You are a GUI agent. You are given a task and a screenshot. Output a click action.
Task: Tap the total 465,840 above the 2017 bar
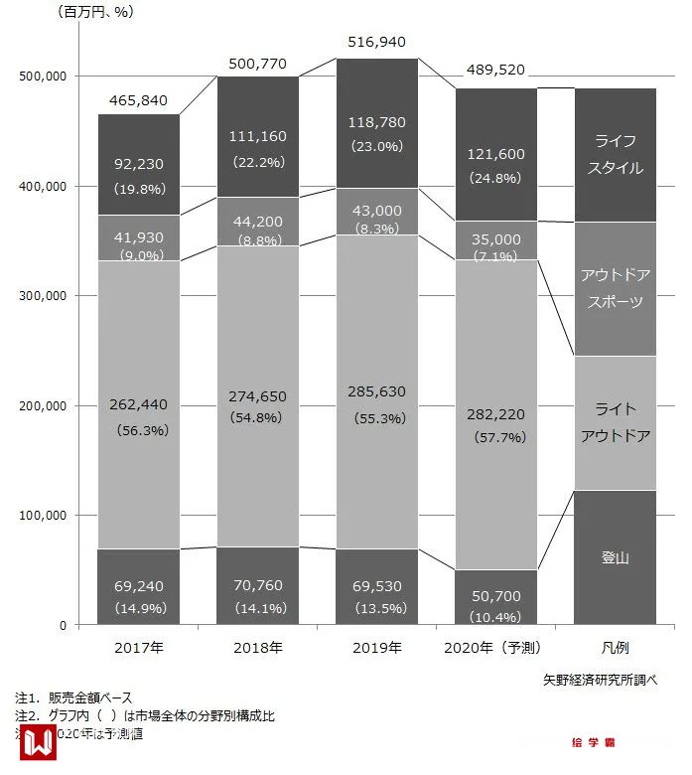[138, 100]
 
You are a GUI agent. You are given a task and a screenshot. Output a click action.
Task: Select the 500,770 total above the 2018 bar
[258, 64]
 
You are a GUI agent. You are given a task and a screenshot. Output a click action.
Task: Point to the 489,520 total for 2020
[495, 71]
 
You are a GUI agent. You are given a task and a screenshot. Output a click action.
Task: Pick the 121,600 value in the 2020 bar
[495, 154]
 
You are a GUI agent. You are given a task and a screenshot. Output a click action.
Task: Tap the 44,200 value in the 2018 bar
[258, 222]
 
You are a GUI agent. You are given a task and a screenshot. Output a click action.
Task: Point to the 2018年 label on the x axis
[258, 648]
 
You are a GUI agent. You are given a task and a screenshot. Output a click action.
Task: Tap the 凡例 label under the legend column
[616, 648]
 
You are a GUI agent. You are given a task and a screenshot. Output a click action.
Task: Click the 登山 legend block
[616, 557]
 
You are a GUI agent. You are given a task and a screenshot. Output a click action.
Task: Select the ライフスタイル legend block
[616, 154]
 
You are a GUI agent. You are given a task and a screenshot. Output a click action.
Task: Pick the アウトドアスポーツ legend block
[616, 288]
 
